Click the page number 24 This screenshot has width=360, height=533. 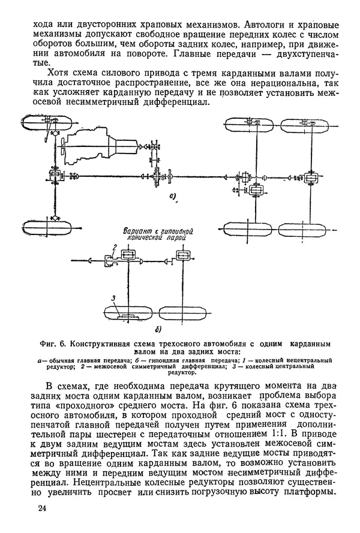(41, 509)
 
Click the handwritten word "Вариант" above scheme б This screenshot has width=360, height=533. (139, 230)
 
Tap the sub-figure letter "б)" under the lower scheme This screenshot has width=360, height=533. (157, 329)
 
